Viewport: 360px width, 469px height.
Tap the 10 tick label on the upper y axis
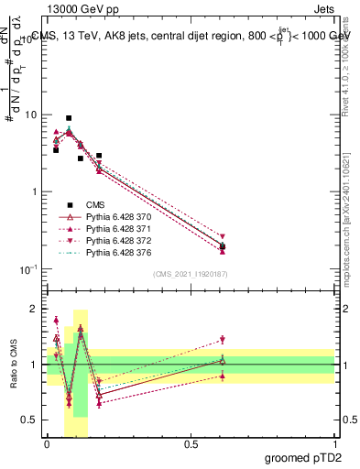pos(30,115)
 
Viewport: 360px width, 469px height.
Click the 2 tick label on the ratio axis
pos(35,309)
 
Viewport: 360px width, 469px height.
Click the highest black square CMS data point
pos(69,118)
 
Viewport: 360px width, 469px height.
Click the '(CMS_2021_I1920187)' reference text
pos(190,274)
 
